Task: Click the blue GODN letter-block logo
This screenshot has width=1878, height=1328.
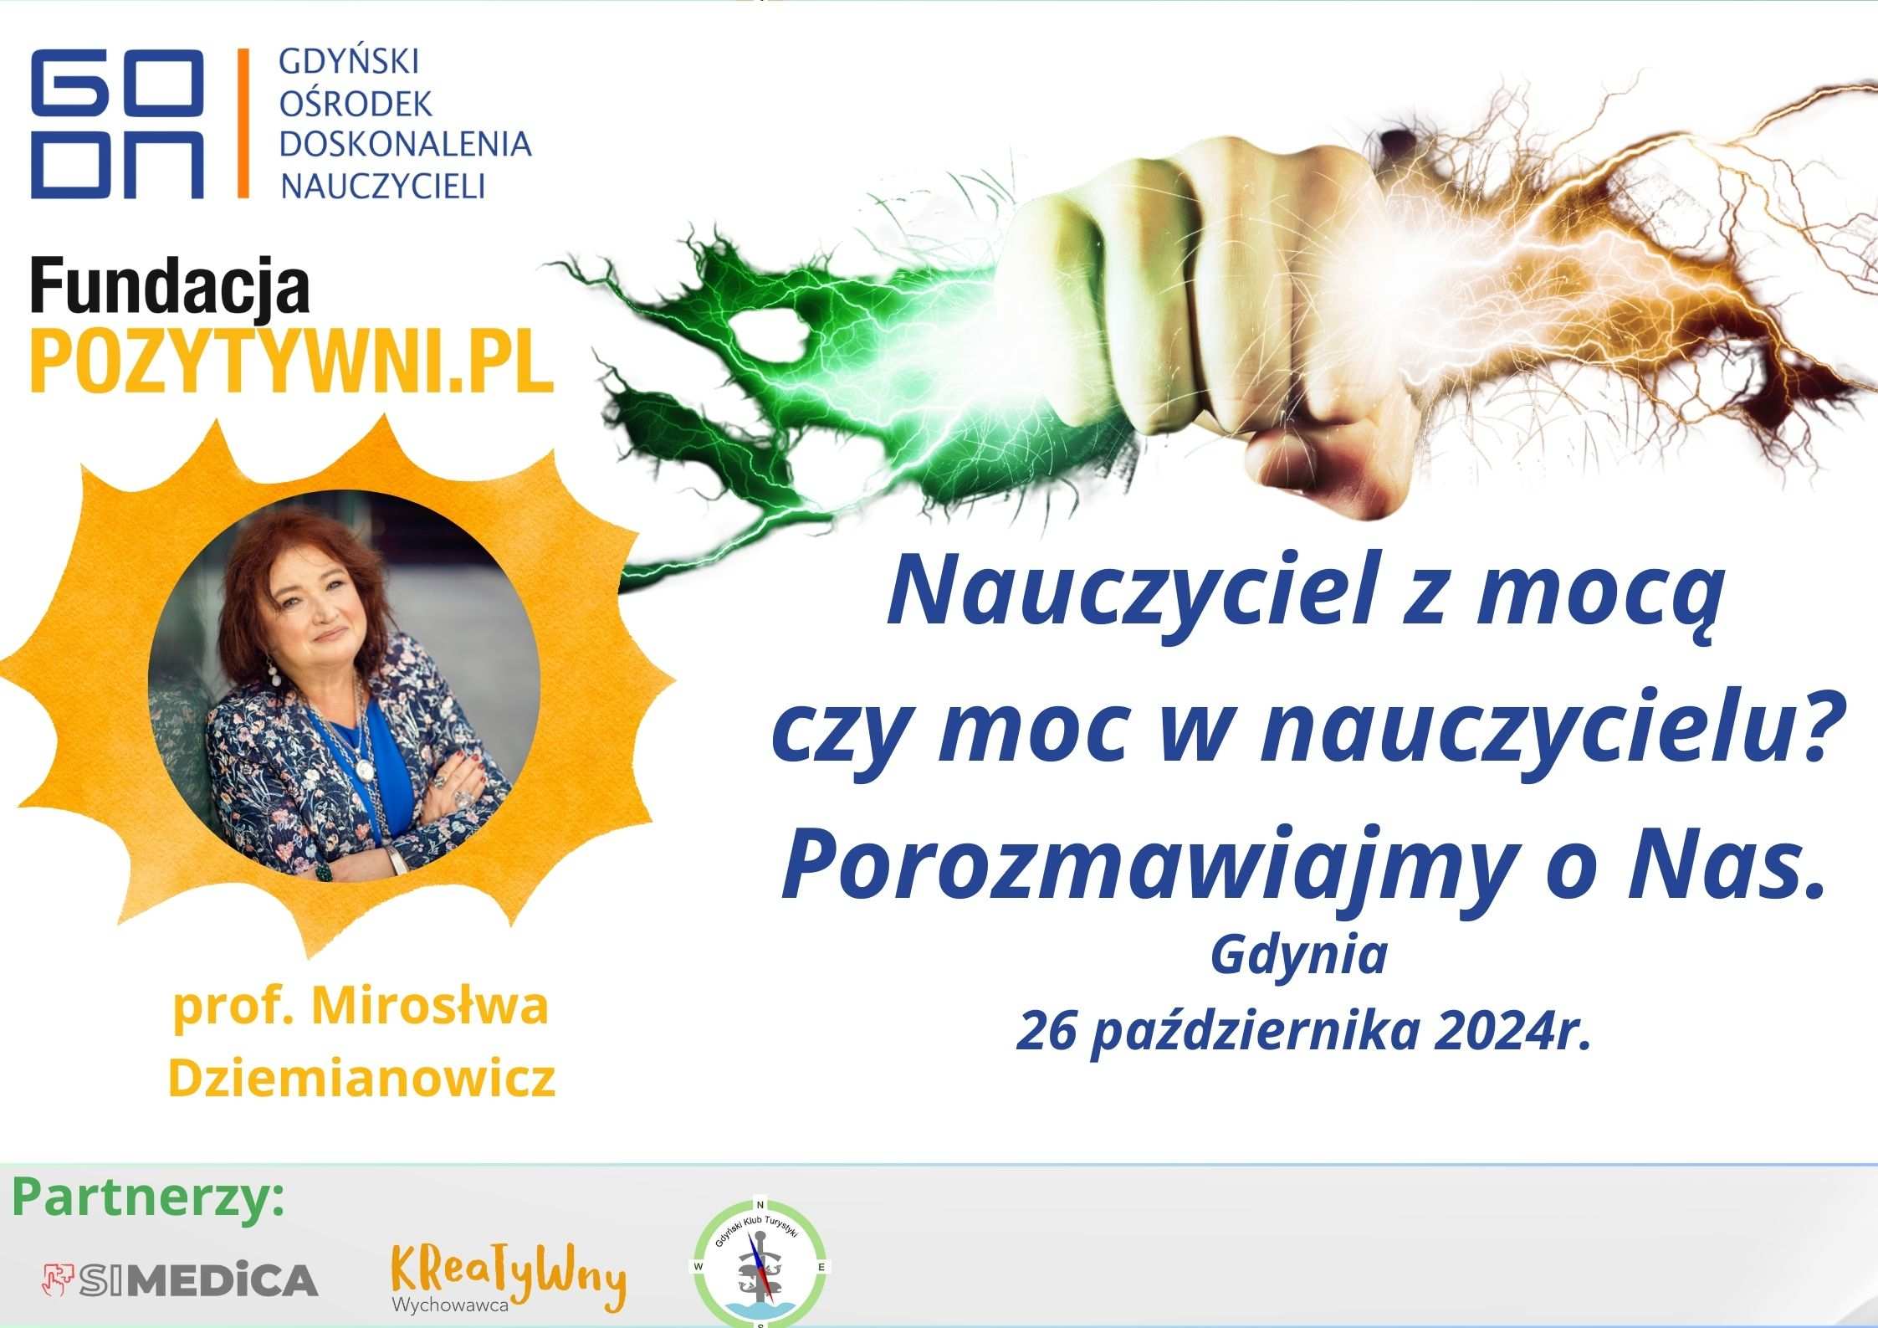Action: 118,123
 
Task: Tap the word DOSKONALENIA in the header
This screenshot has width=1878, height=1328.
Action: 405,144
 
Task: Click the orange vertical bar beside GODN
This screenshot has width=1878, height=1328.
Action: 243,123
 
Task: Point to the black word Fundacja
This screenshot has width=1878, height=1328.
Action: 171,285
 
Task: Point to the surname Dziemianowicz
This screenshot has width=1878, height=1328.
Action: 361,1078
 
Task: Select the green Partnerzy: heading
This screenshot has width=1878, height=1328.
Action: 148,1200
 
